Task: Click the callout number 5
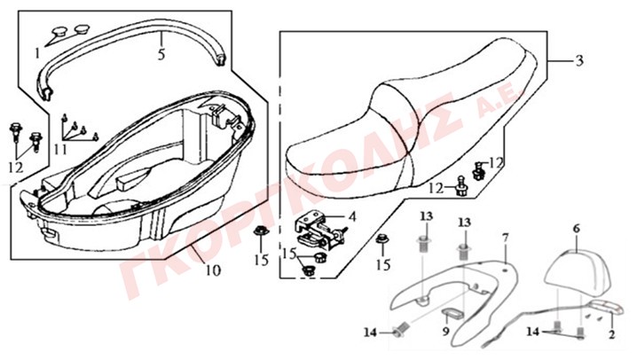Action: click(x=161, y=54)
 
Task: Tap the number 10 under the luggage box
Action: click(x=213, y=270)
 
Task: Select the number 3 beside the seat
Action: click(x=579, y=60)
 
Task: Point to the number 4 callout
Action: click(x=352, y=216)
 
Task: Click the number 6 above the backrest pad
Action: click(x=577, y=229)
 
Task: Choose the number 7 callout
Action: click(x=505, y=238)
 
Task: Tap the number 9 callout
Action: click(x=446, y=332)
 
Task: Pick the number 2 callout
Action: click(x=612, y=334)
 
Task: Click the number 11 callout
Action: click(x=60, y=151)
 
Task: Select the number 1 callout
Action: click(x=37, y=53)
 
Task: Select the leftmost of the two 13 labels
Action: click(x=427, y=216)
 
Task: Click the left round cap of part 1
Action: click(x=59, y=31)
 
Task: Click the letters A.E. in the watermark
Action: click(x=501, y=101)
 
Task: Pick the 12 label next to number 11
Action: click(x=16, y=168)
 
